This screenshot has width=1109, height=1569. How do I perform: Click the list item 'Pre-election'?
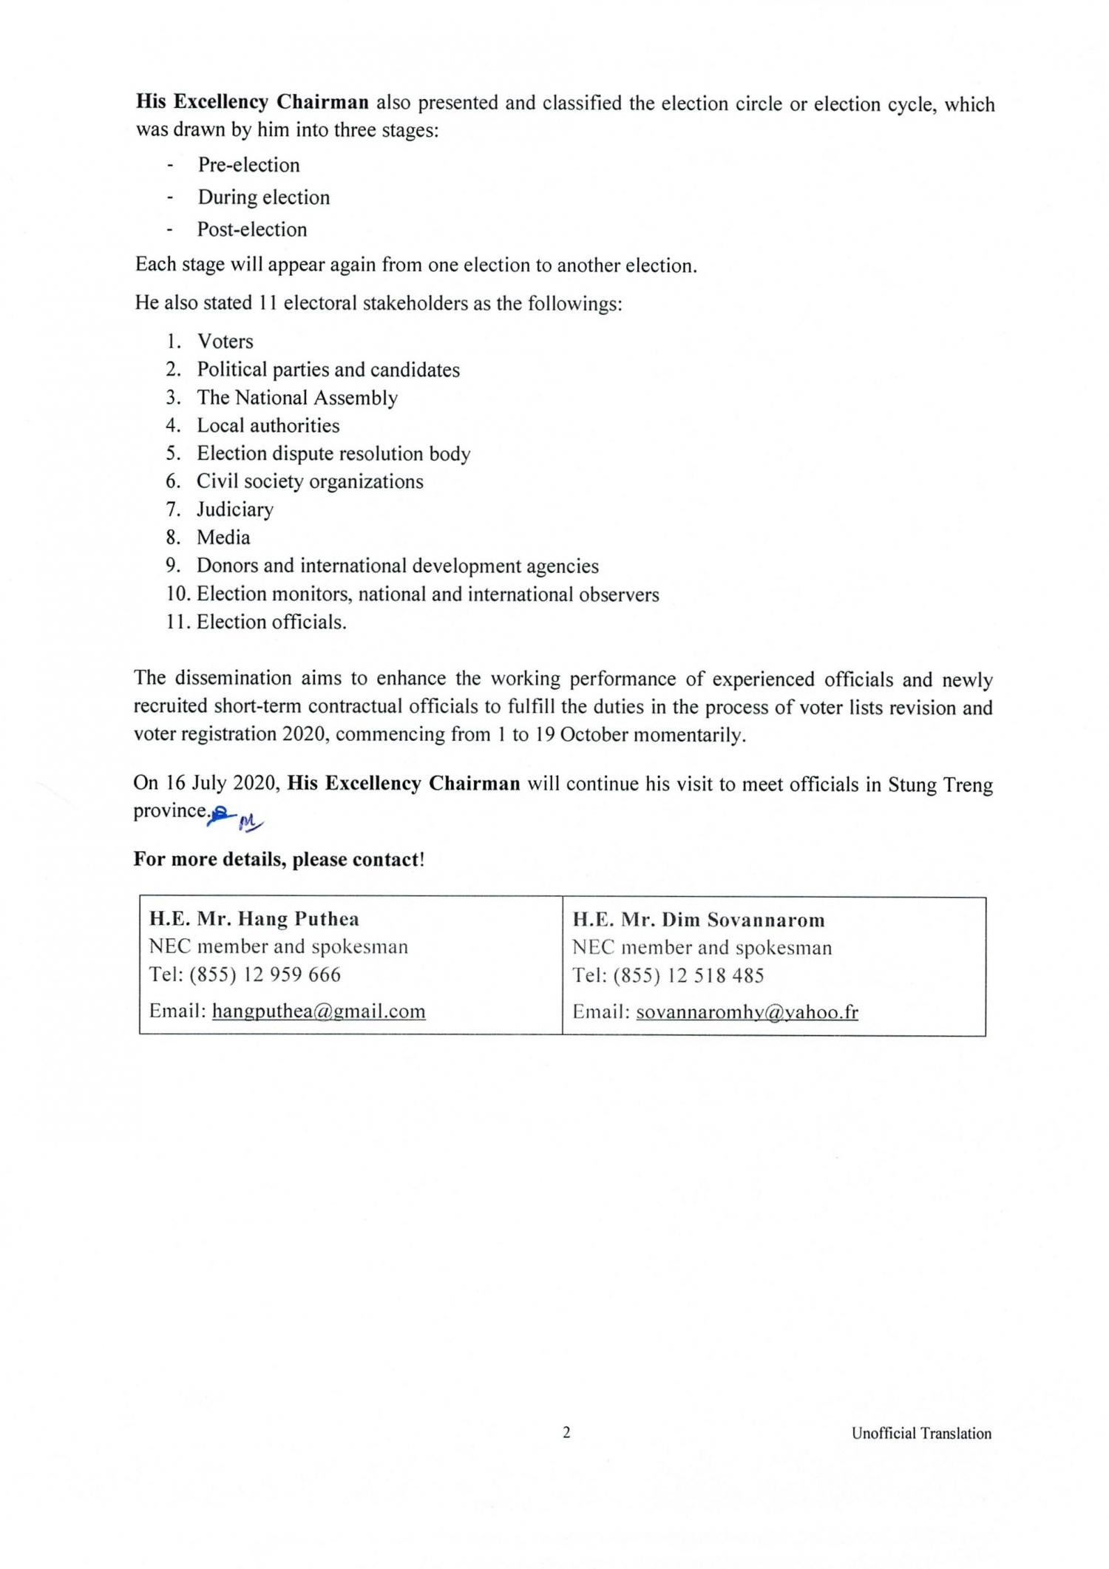(x=248, y=165)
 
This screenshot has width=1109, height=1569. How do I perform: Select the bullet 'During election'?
(x=263, y=197)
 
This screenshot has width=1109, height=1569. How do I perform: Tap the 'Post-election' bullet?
(x=251, y=229)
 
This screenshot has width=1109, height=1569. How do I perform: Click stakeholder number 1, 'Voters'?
(x=225, y=342)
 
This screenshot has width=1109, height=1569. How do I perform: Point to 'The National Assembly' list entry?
(x=297, y=398)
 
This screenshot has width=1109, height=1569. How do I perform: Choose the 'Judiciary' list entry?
(x=235, y=509)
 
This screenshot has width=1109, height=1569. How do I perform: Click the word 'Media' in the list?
(x=223, y=538)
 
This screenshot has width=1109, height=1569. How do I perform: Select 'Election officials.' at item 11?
(x=271, y=622)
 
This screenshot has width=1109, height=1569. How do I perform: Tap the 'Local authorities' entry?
(x=268, y=426)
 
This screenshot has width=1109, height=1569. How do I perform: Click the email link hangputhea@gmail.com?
(x=319, y=1011)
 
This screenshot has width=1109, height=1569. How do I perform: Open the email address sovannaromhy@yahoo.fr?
(x=747, y=1011)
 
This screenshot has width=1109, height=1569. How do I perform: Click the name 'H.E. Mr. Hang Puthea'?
(x=254, y=919)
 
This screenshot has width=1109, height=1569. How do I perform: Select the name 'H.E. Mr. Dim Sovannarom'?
(x=699, y=920)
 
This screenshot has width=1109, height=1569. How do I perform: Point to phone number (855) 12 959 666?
(x=265, y=975)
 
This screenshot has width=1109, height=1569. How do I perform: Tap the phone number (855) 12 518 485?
(x=688, y=975)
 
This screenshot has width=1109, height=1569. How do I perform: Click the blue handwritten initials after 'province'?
(x=236, y=818)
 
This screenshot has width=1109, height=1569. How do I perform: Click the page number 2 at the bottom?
(x=566, y=1433)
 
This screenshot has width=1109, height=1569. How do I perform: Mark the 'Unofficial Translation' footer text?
(x=921, y=1434)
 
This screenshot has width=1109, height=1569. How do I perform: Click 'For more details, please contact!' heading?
(x=279, y=859)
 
